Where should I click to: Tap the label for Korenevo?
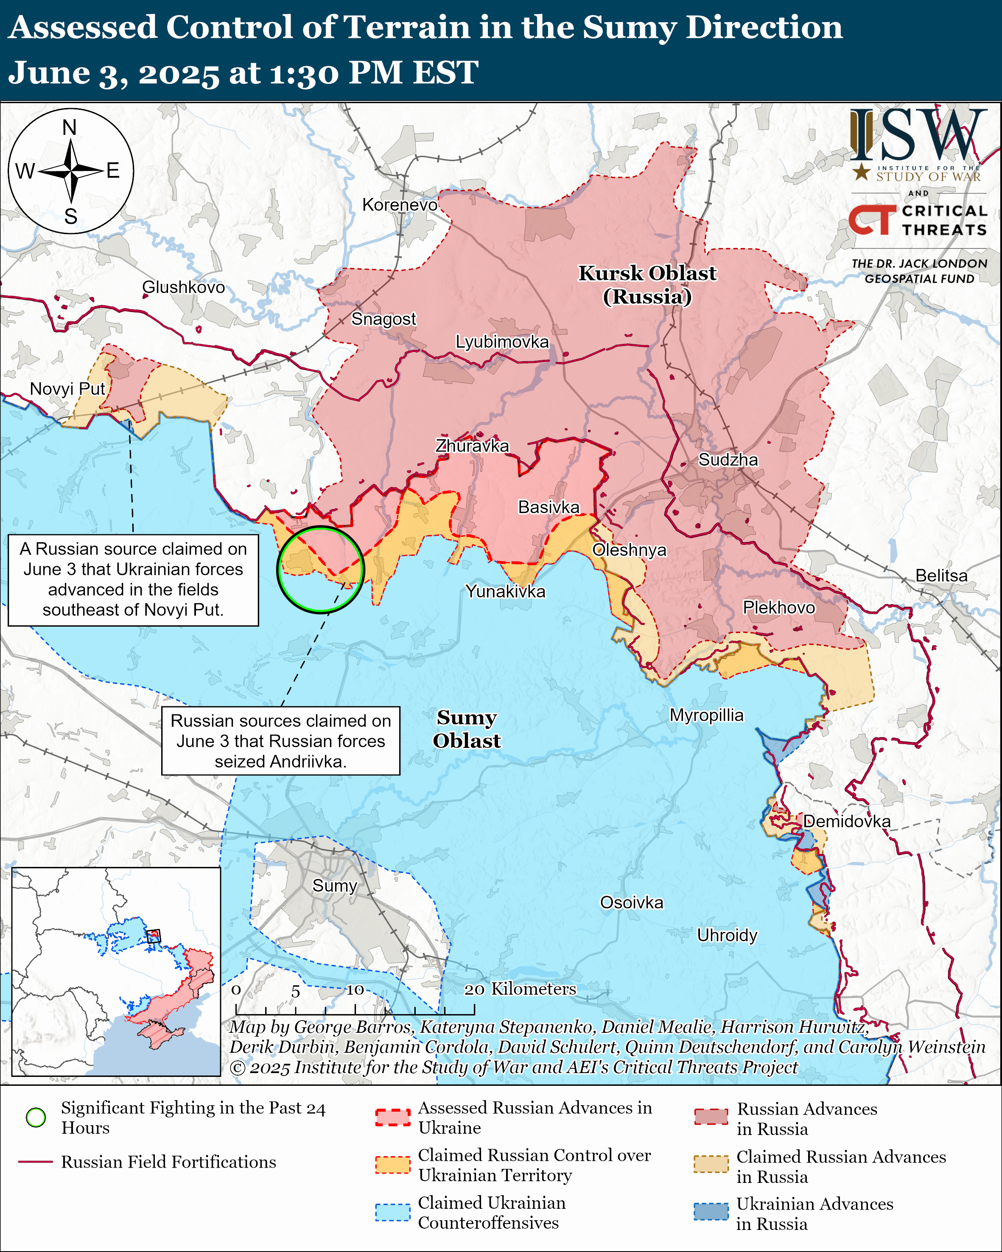(400, 205)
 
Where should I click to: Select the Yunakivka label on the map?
(505, 591)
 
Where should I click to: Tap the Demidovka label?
(846, 821)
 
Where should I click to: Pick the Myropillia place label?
(706, 715)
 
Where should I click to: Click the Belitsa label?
(941, 575)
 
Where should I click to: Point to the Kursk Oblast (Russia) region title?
(647, 284)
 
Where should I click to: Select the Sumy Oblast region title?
(467, 729)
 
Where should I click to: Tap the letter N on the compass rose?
(70, 127)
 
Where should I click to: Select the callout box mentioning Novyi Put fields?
(133, 580)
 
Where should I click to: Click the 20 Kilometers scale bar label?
(520, 989)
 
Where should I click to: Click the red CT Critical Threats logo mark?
(872, 220)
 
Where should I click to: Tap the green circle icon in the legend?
(36, 1117)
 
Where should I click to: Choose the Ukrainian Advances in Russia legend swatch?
(711, 1212)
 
